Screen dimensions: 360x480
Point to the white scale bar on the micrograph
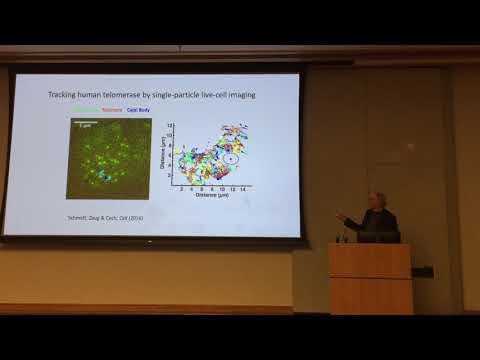[84, 124]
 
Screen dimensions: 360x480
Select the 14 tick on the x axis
[243, 188]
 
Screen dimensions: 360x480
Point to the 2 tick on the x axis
[181, 188]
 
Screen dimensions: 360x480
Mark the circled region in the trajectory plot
[231, 157]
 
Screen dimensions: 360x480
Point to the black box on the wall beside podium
[422, 271]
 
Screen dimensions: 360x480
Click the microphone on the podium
[347, 234]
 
